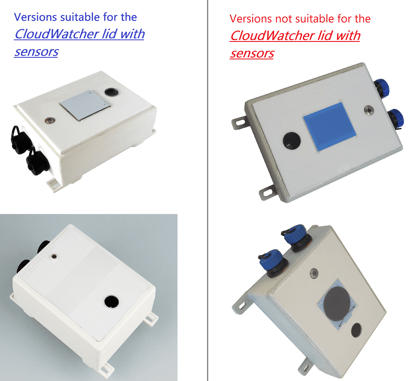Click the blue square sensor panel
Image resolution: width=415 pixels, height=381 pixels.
point(330,126)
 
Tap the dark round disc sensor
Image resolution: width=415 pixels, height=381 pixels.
point(338,304)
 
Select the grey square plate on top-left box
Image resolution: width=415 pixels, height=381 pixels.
point(85,105)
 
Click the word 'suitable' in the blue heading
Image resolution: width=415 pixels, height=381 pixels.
point(80,17)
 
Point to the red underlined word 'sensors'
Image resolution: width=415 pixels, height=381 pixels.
point(252,53)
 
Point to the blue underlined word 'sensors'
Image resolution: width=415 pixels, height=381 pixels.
point(36,52)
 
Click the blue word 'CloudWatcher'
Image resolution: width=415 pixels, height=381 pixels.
point(57,34)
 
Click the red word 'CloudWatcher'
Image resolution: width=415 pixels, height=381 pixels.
point(273,36)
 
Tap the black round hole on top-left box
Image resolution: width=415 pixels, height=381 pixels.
point(111,92)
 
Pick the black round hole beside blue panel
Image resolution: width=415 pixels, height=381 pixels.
point(292,140)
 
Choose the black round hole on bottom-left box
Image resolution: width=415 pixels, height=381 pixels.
point(111,302)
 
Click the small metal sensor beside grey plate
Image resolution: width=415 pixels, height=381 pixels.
point(50,120)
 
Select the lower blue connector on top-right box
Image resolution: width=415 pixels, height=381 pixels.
point(396,119)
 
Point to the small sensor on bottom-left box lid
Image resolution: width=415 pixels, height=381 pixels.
point(54,257)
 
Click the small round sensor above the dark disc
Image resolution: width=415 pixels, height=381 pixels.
point(314,273)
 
